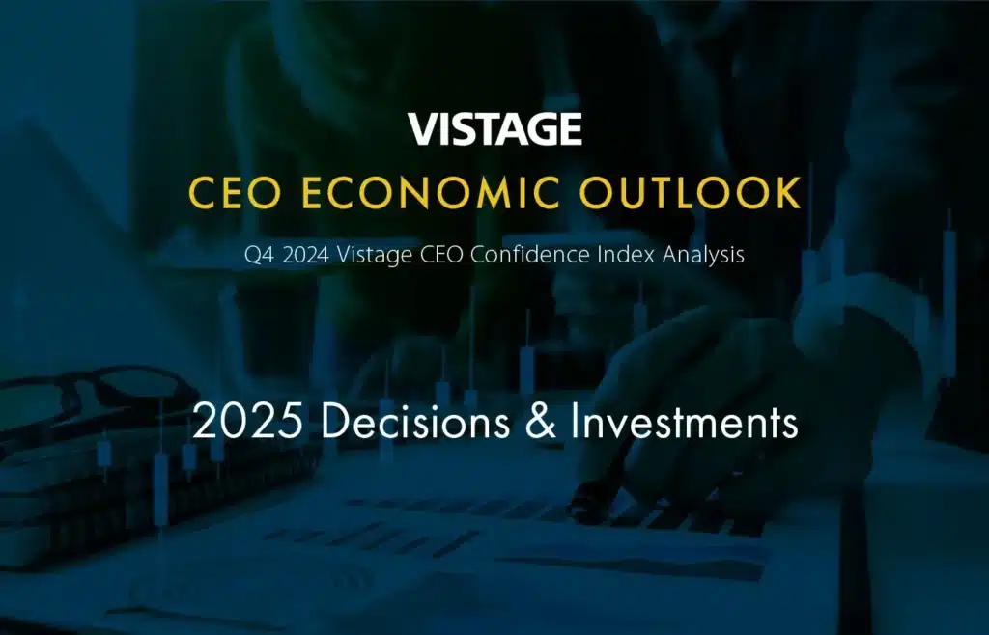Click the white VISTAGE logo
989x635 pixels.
click(494, 129)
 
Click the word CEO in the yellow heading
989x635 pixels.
click(235, 193)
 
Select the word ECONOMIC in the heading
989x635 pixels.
click(430, 193)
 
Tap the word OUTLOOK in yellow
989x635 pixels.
click(691, 193)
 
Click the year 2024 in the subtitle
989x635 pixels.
click(306, 255)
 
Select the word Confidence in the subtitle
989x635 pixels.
click(530, 255)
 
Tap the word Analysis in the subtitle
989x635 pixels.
click(703, 256)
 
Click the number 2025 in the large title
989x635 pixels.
click(247, 421)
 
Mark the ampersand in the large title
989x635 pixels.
click(541, 421)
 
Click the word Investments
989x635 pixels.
click(685, 421)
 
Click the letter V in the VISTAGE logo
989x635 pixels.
click(423, 129)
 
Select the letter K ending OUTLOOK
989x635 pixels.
click(789, 193)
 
